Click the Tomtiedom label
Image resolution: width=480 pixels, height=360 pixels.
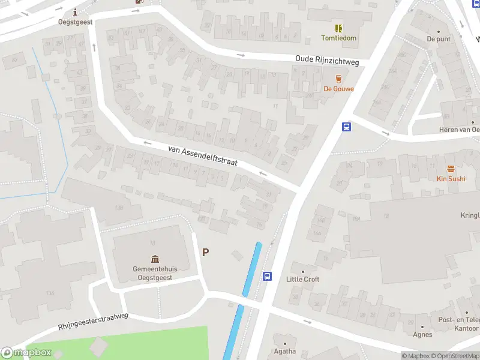tap(338, 38)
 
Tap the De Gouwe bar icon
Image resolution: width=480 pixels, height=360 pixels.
tap(339, 79)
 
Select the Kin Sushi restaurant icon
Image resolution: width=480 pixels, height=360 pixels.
tap(451, 169)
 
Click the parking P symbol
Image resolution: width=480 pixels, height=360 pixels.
tap(205, 253)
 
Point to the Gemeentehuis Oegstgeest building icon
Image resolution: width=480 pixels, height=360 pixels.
tap(155, 259)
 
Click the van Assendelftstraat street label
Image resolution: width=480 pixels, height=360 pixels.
tap(203, 154)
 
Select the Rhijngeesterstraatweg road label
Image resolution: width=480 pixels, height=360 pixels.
tap(94, 320)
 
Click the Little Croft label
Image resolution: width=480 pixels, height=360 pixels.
tap(302, 279)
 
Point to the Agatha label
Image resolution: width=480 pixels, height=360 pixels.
tap(284, 351)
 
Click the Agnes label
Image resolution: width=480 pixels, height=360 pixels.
tap(422, 334)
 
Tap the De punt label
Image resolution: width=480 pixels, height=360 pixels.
tap(438, 38)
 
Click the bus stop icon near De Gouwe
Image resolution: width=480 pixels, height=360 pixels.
tap(346, 127)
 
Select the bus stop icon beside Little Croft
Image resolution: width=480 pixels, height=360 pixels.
tap(268, 277)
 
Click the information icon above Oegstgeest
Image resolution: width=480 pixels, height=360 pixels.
tap(75, 12)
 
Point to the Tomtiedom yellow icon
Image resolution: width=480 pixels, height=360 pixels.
tap(338, 28)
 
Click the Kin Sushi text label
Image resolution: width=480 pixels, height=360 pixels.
tap(451, 179)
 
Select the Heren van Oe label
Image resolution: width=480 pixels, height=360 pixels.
tap(459, 130)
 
